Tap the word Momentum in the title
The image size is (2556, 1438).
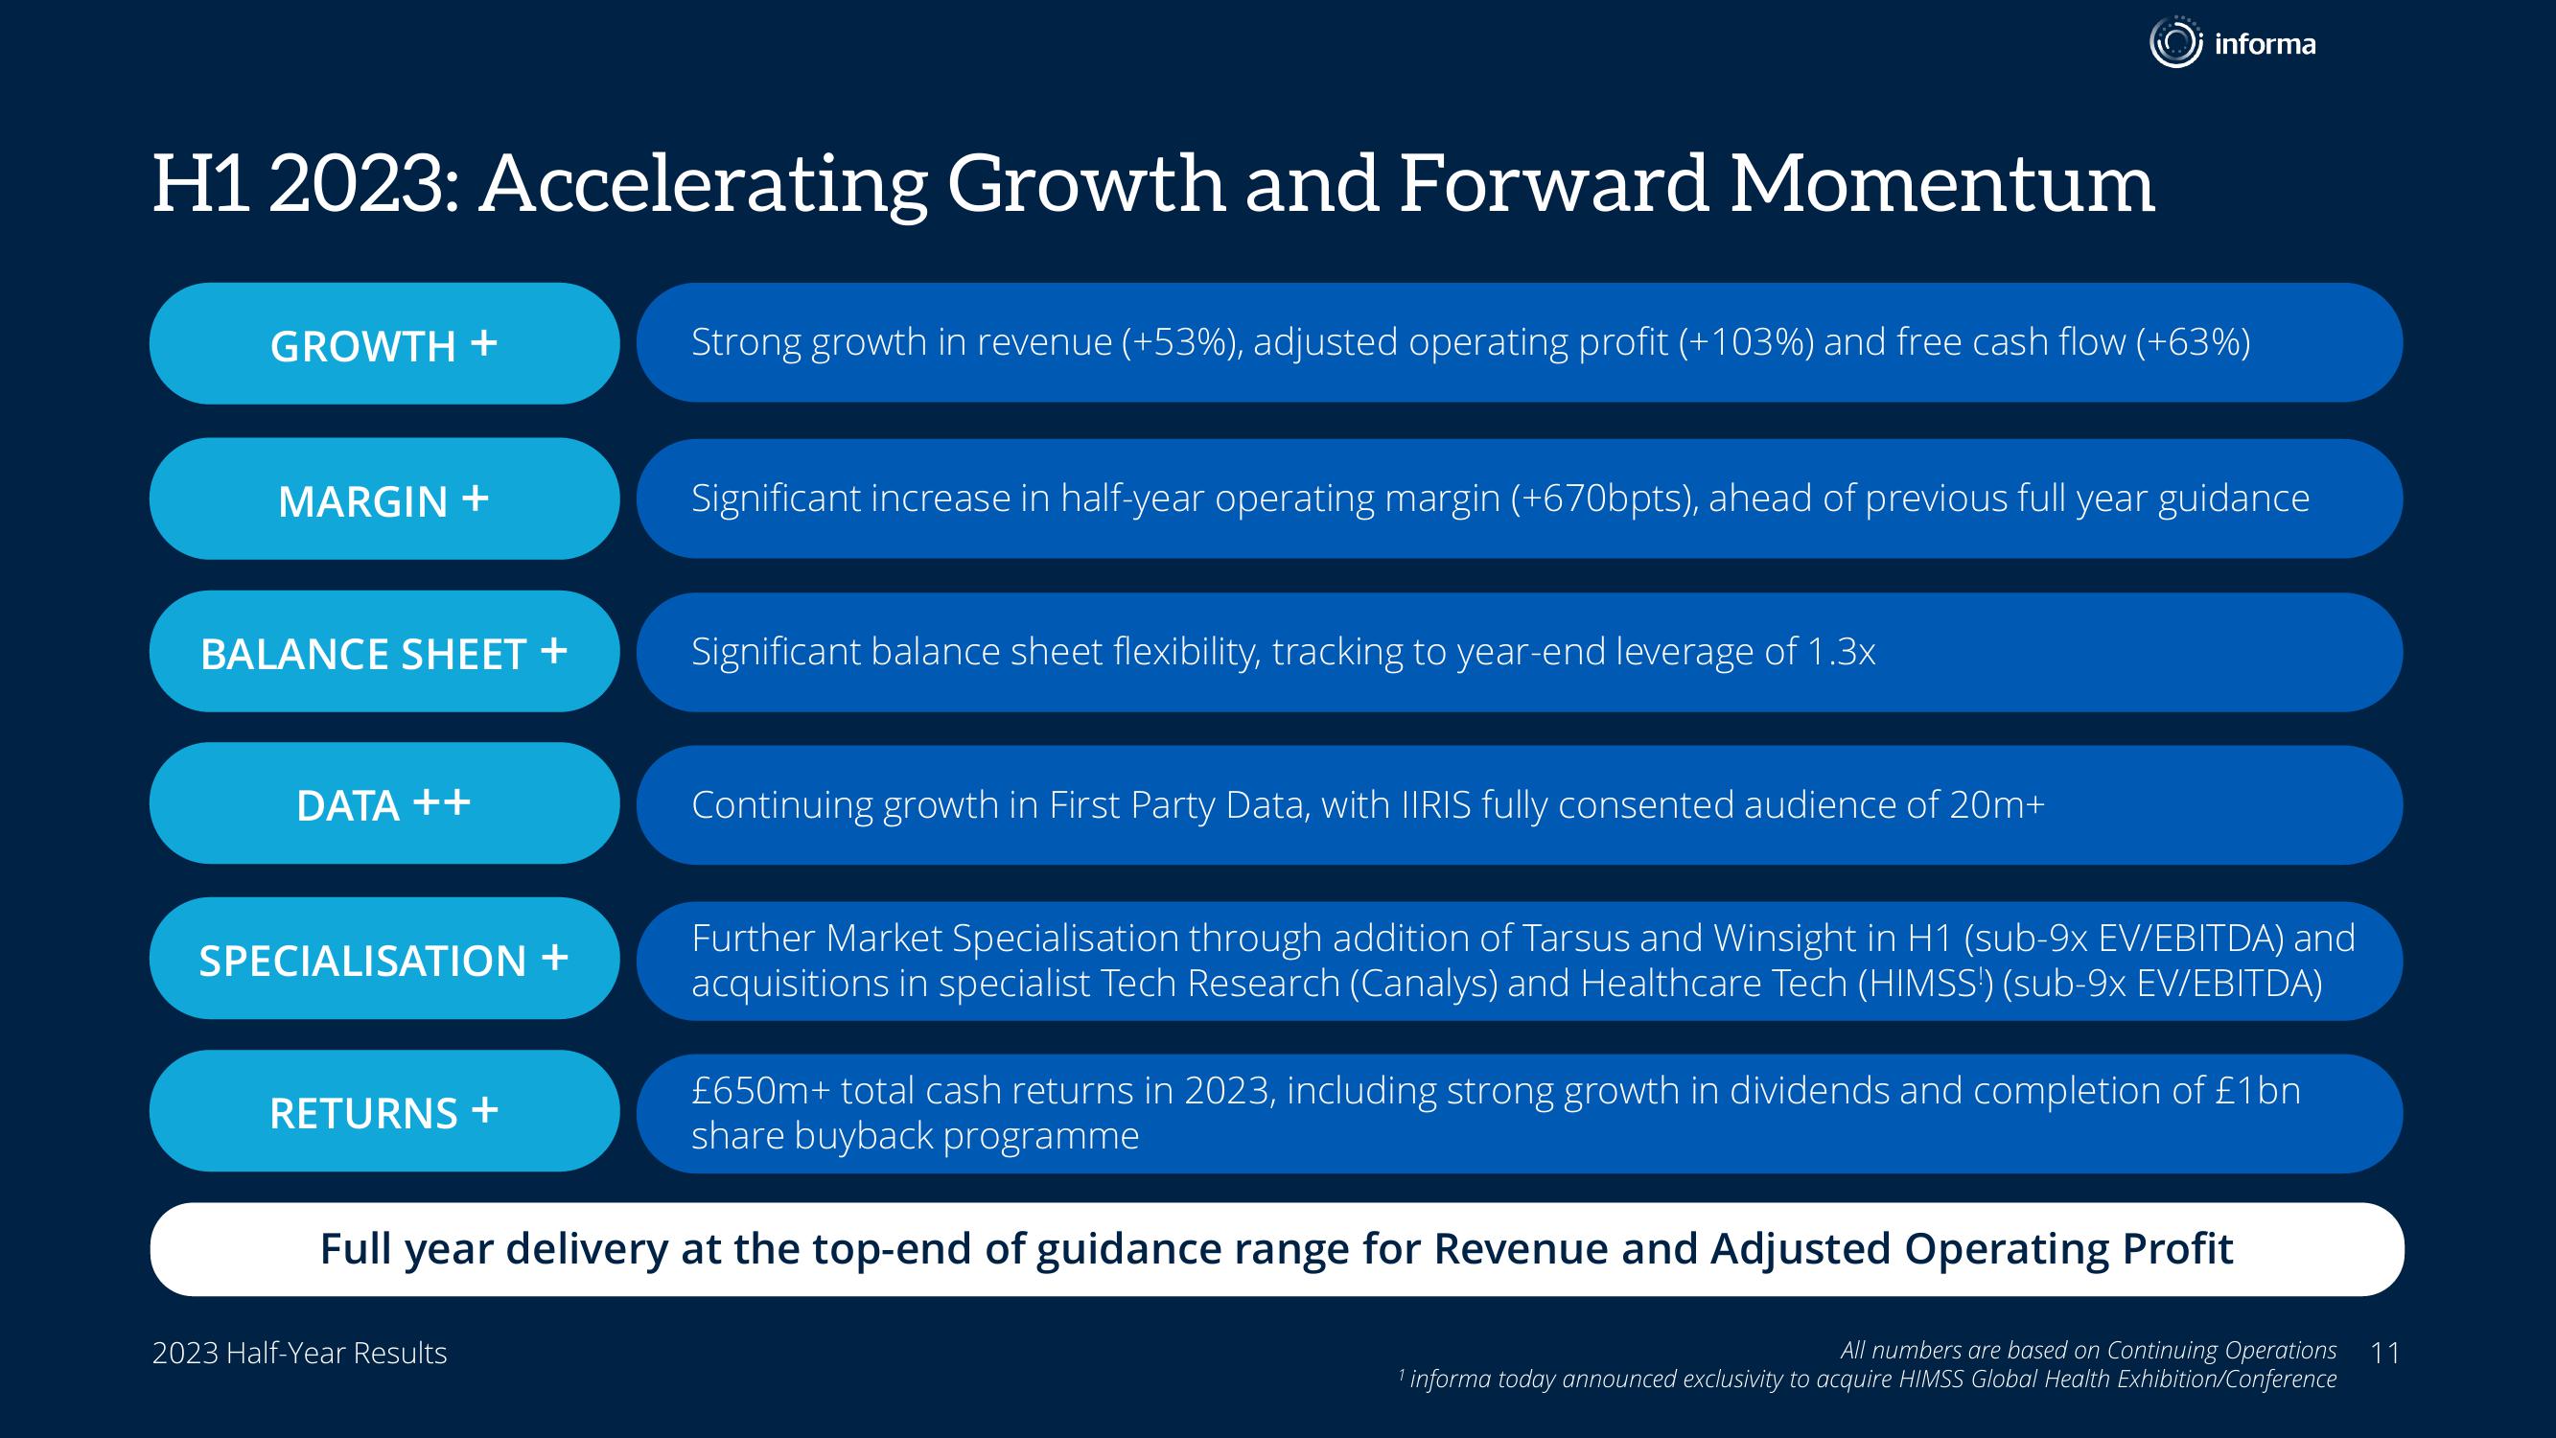tap(1941, 185)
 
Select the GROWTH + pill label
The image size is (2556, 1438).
tap(384, 343)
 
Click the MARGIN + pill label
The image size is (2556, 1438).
tap(384, 499)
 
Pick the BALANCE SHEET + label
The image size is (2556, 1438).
tap(384, 652)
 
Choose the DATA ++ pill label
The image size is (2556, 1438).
tap(384, 804)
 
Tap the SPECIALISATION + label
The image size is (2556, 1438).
tap(384, 959)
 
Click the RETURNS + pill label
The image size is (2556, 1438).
tap(384, 1111)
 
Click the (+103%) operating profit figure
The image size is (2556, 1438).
tap(1745, 342)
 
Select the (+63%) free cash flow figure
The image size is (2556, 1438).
tap(2193, 342)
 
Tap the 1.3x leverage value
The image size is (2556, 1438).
tap(1842, 652)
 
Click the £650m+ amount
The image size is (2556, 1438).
tap(760, 1091)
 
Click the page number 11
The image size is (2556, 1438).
tap(2384, 1353)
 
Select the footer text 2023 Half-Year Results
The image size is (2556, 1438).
tap(300, 1353)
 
